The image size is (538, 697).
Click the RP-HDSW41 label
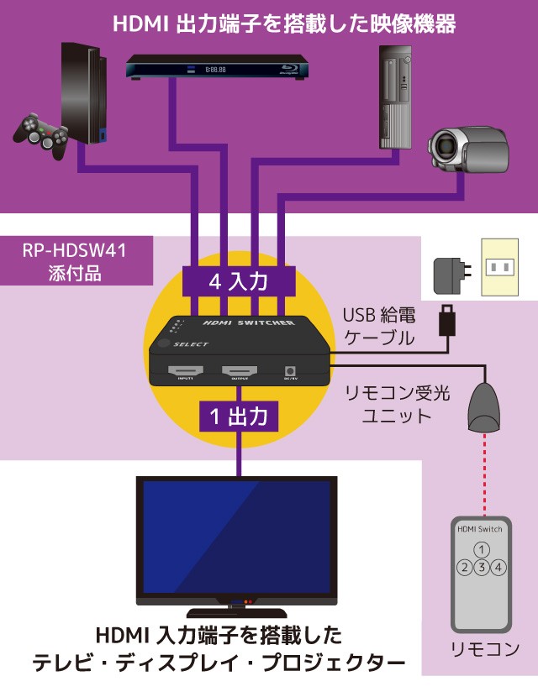coord(76,249)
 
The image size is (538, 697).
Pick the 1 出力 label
coord(239,415)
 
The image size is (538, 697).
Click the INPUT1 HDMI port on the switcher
coord(186,370)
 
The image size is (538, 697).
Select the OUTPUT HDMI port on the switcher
coord(240,370)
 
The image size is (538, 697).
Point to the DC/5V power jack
coord(291,370)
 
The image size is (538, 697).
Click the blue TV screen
coord(236,538)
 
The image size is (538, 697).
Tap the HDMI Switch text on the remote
coord(479,529)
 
